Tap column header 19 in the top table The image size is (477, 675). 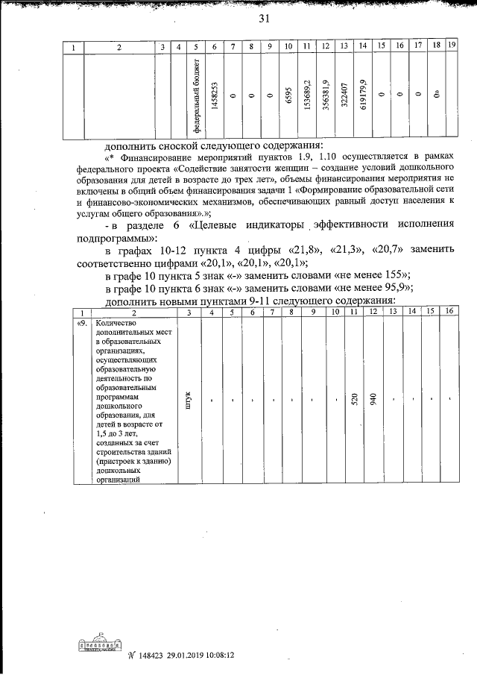tap(452, 47)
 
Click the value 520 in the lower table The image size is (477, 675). tap(356, 399)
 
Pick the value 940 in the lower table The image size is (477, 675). tap(374, 399)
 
